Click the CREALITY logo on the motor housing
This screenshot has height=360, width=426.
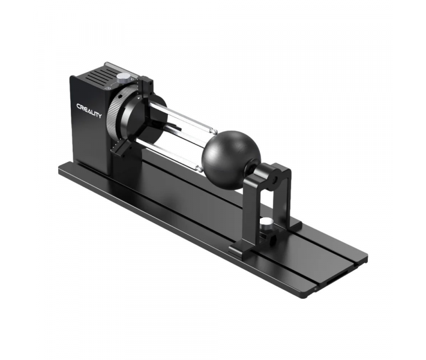(89, 111)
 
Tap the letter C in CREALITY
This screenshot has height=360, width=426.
(79, 106)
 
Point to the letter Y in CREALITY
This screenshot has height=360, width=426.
(100, 116)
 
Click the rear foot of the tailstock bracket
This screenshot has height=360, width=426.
(293, 225)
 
